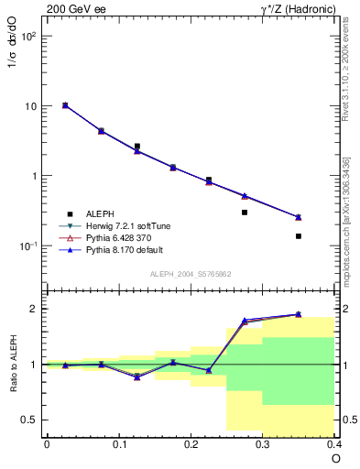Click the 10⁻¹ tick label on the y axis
[x=27, y=245]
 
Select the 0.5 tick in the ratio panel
[x=30, y=420]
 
